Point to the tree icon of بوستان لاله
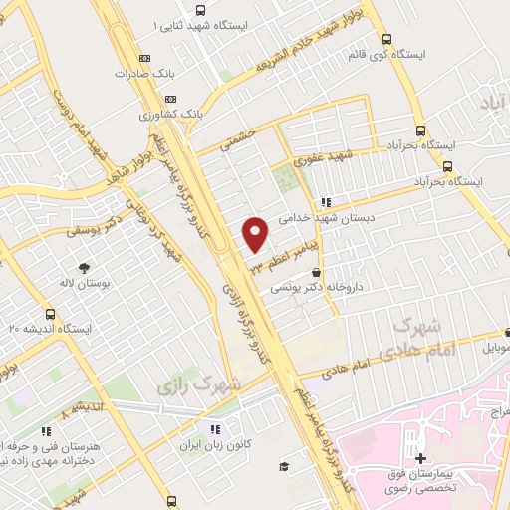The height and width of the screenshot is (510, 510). pos(84,268)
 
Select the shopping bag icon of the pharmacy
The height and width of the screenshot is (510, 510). pos(317,272)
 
